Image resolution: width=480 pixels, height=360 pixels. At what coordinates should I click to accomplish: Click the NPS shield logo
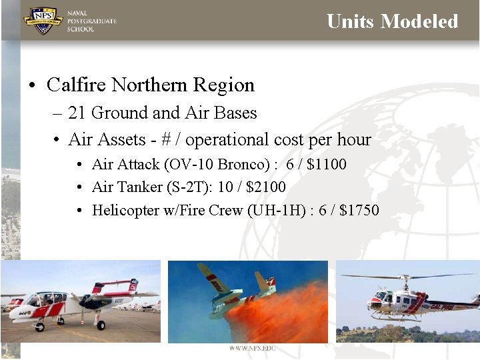click(43, 20)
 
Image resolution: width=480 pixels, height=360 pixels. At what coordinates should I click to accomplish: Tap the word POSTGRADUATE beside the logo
click(92, 21)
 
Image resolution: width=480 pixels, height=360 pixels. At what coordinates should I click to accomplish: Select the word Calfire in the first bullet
click(76, 85)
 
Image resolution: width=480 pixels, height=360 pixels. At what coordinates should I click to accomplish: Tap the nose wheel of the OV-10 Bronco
click(39, 327)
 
